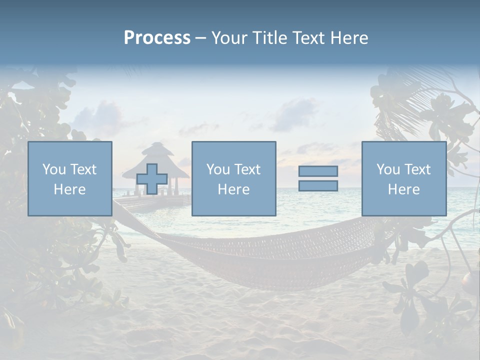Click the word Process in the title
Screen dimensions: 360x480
(x=157, y=38)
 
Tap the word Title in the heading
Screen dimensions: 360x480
(x=269, y=38)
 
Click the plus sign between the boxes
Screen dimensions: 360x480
(x=152, y=179)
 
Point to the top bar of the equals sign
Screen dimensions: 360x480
(x=318, y=171)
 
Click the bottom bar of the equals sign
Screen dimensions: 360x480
(x=318, y=186)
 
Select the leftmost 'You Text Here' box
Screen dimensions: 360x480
(x=70, y=178)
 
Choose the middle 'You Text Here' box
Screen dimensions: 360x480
(x=233, y=178)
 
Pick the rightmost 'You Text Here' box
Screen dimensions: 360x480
(x=404, y=178)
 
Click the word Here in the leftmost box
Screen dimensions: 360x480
(x=69, y=189)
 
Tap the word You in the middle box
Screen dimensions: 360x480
(x=218, y=169)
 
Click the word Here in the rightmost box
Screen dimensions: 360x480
(x=403, y=189)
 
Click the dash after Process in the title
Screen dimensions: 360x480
(x=200, y=38)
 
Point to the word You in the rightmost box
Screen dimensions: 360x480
(x=388, y=169)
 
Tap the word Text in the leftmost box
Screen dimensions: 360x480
(x=83, y=169)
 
